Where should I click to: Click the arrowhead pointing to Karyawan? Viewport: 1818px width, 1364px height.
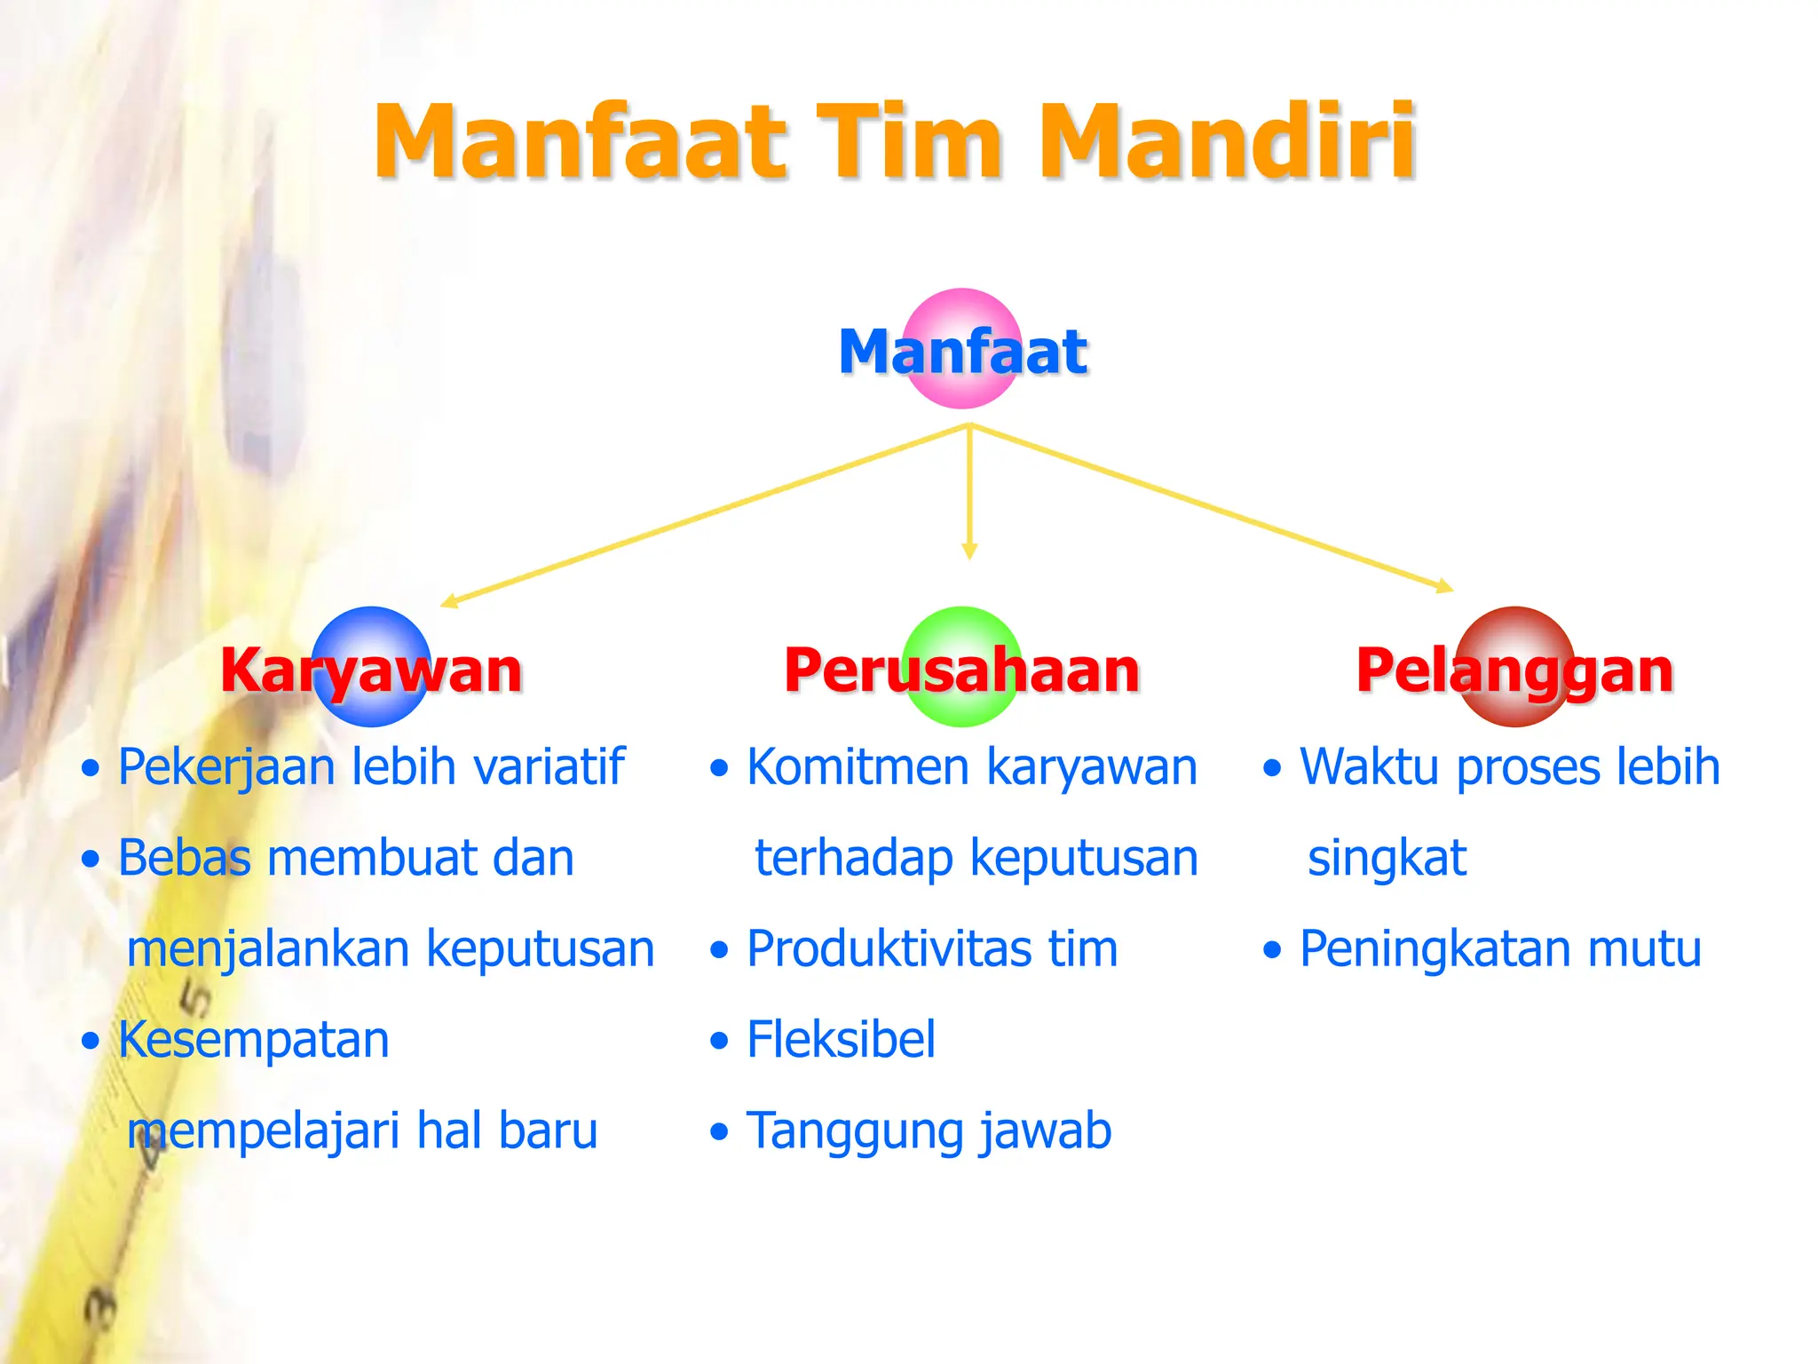(449, 602)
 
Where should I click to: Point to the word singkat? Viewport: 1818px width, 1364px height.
(1387, 858)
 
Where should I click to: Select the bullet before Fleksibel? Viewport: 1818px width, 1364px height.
(719, 1041)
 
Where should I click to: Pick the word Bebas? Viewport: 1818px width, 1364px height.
(185, 858)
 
